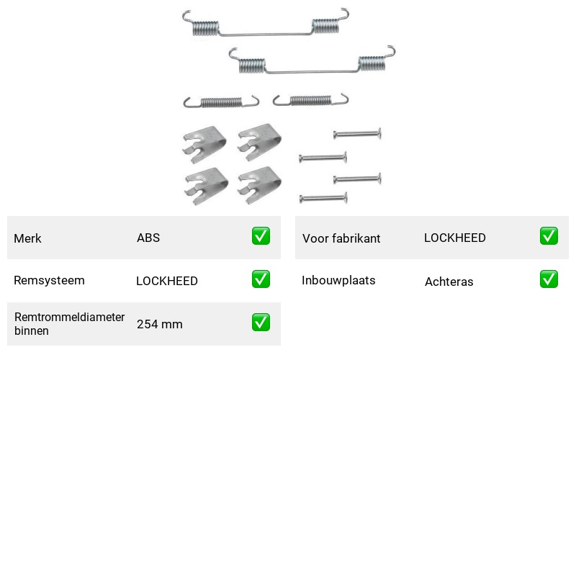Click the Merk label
coord(27,238)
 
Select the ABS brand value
coord(148,238)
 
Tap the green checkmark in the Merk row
coord(261,236)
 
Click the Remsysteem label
coord(49,280)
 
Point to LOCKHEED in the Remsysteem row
coord(167,281)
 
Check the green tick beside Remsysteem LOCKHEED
coord(261,279)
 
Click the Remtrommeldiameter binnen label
coord(69,323)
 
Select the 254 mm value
coord(160,324)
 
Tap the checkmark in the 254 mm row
coord(261,322)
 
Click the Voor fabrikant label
coord(341,238)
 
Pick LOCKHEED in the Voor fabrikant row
coord(455,238)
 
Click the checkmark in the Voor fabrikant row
coord(549,236)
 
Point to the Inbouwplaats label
coord(338,280)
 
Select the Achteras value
coord(449,282)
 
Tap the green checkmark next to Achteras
coord(549,279)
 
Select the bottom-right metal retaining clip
coord(259,186)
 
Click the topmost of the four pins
coord(357,134)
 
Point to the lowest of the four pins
coord(323,199)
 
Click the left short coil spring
coord(221,102)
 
